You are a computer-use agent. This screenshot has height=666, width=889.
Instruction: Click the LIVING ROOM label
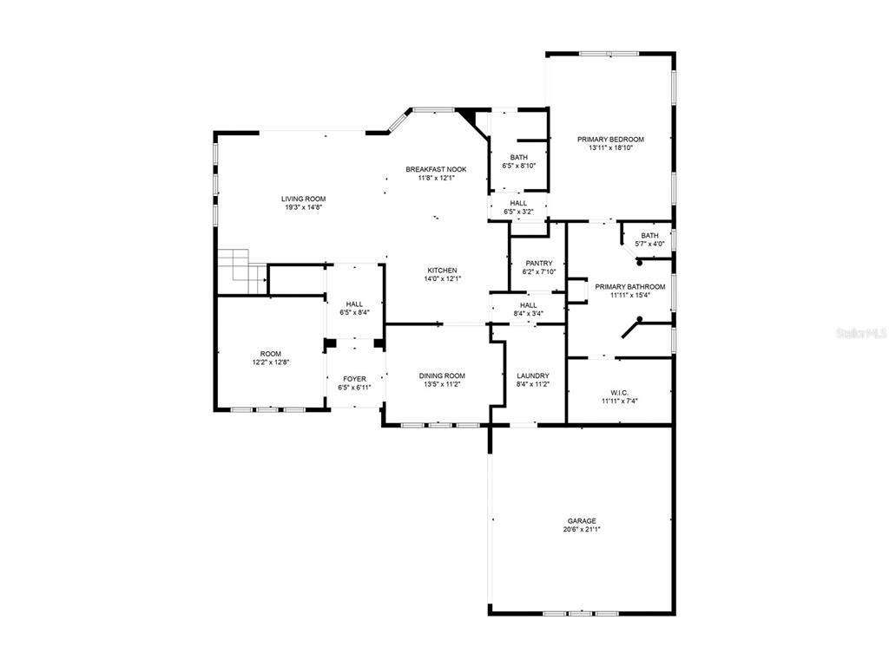click(x=303, y=199)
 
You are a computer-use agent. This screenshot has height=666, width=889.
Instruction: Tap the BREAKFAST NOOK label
click(x=436, y=169)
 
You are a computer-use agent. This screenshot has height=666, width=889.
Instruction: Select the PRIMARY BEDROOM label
click(x=610, y=140)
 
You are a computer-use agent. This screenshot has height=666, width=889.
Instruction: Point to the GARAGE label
click(x=582, y=521)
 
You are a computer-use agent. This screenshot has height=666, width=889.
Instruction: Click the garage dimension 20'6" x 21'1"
click(x=582, y=530)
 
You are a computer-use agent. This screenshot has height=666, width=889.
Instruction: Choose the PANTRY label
click(x=538, y=264)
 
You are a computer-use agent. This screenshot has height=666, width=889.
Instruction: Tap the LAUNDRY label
click(x=533, y=375)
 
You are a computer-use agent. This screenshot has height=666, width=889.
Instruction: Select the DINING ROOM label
click(x=442, y=375)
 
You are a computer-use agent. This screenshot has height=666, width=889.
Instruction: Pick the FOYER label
click(x=354, y=379)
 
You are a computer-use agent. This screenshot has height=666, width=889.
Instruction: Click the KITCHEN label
click(x=442, y=271)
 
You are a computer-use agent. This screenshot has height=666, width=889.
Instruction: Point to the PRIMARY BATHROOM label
click(x=630, y=286)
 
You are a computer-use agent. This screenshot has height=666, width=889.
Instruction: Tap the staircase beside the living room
click(x=243, y=271)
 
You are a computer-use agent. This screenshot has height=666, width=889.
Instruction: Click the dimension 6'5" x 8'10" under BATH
click(x=519, y=166)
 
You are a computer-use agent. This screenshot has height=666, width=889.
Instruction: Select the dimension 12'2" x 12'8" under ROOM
click(x=271, y=362)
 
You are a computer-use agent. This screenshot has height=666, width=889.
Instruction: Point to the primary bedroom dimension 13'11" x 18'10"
click(x=610, y=147)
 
